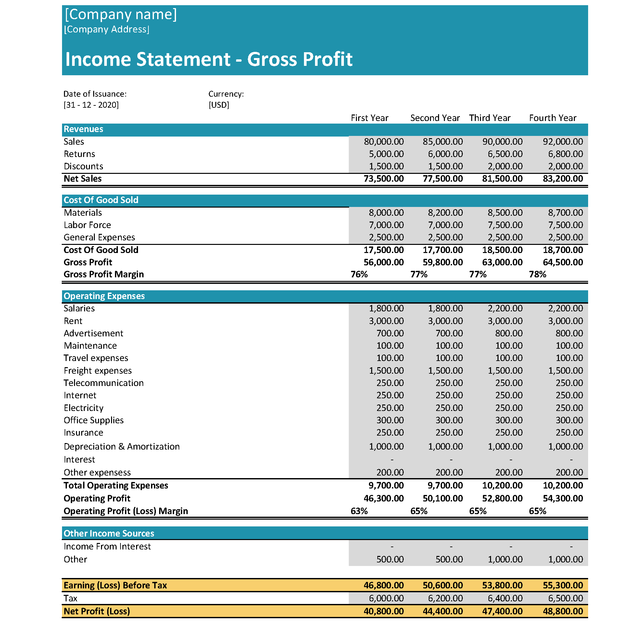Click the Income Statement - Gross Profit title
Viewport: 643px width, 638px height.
208,59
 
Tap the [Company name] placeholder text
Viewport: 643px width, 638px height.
120,14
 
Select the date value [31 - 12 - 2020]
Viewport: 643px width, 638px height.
91,105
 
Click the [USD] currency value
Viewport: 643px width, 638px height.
219,105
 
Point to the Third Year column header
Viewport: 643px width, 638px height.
490,118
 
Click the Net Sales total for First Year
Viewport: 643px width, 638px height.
384,178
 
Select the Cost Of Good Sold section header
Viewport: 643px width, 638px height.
101,200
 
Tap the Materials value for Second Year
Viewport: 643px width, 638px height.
445,213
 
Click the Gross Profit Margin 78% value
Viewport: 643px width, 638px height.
537,274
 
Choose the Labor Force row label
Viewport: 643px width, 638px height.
87,225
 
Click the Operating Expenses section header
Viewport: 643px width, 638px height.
104,296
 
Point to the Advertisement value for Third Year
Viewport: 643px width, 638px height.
509,333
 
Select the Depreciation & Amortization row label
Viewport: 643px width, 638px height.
121,447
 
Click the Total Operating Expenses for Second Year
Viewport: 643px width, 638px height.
445,486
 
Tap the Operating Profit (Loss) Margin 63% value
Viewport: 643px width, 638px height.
359,511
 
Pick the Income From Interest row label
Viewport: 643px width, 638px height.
107,547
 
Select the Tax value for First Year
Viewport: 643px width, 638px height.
386,598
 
